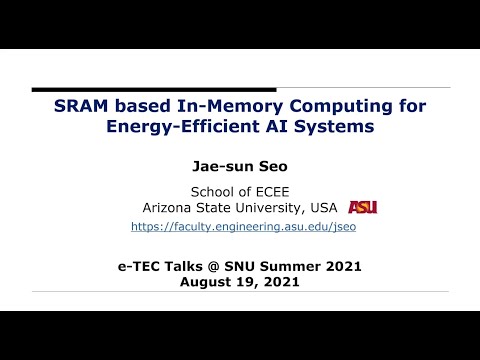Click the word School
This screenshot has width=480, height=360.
click(213, 192)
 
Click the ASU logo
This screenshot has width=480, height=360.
click(362, 207)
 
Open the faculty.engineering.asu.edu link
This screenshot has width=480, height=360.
click(243, 227)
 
